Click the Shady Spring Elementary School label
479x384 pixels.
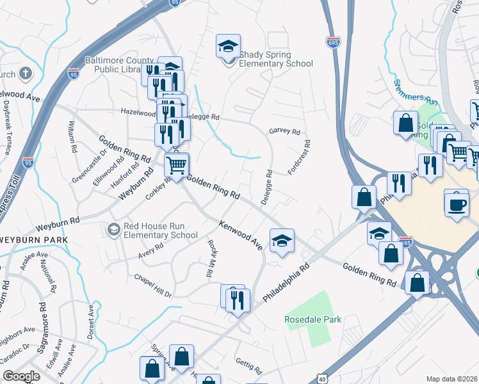(276, 60)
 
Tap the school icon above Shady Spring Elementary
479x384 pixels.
(228, 46)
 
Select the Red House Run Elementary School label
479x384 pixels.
(160, 230)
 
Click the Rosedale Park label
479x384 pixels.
(314, 319)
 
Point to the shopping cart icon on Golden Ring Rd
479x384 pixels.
(176, 165)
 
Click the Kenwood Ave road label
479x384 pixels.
(241, 235)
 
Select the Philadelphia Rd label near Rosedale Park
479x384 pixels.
(286, 282)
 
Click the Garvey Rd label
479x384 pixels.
(284, 132)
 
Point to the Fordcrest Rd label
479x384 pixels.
(300, 157)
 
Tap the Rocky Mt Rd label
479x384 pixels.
(210, 259)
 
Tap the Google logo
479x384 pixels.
(21, 376)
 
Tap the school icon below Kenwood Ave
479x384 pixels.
(282, 241)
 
